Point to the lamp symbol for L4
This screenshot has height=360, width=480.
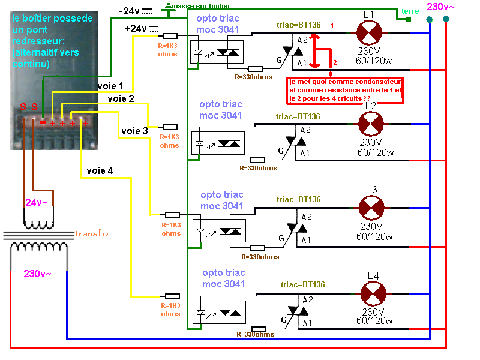click(x=373, y=293)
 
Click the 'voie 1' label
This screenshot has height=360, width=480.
click(x=111, y=86)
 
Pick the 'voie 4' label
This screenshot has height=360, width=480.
click(x=100, y=170)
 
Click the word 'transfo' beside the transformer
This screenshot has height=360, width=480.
click(x=92, y=233)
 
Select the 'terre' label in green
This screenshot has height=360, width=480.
click(x=411, y=11)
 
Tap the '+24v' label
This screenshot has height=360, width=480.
click(x=136, y=28)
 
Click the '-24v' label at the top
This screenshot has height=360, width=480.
click(x=130, y=10)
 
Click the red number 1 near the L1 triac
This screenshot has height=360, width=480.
click(x=332, y=25)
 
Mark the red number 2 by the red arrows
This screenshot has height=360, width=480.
click(x=335, y=62)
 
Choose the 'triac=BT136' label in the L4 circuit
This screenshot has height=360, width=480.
click(x=303, y=284)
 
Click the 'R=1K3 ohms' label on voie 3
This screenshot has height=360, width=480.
click(x=170, y=141)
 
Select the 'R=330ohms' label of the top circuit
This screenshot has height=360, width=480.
click(x=256, y=77)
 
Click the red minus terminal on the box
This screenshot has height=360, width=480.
click(x=43, y=122)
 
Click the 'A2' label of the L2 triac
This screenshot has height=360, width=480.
click(x=305, y=130)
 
